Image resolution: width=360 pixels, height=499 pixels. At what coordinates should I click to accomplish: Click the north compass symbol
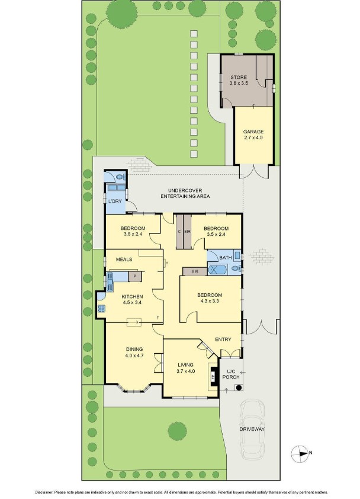[x=301, y=454]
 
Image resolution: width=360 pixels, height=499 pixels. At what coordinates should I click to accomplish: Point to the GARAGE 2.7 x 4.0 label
[x=253, y=135]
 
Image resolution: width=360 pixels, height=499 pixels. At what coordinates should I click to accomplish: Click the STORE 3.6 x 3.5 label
[x=238, y=81]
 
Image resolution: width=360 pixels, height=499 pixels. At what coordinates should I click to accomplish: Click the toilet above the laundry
[x=119, y=176]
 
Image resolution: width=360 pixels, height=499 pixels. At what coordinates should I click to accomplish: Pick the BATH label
[x=225, y=258]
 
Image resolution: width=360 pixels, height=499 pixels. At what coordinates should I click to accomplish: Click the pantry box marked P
[x=136, y=276]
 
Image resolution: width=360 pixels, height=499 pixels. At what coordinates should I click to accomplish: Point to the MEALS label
[x=124, y=259]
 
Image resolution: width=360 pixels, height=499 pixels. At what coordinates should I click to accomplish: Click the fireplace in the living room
[x=211, y=375]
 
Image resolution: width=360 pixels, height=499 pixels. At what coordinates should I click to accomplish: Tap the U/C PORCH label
[x=230, y=375]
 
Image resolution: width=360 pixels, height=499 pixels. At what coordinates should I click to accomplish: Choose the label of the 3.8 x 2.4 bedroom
[x=133, y=232]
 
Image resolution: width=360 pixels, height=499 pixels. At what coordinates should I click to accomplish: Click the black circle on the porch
[x=238, y=388]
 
